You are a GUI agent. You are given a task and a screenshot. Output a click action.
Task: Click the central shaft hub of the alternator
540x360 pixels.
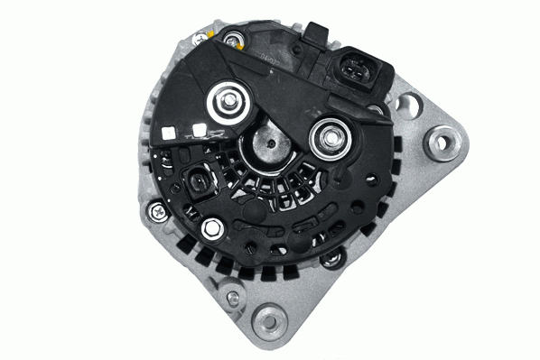[x=269, y=144]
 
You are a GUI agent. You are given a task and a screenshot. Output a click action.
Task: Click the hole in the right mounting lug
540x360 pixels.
[x=442, y=141]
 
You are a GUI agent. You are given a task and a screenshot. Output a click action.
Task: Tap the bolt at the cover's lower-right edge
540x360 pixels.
[x=332, y=257]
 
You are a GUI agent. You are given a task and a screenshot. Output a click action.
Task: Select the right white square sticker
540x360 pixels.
[x=200, y=129]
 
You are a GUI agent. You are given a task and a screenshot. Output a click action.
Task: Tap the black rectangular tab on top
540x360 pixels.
[x=315, y=32]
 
